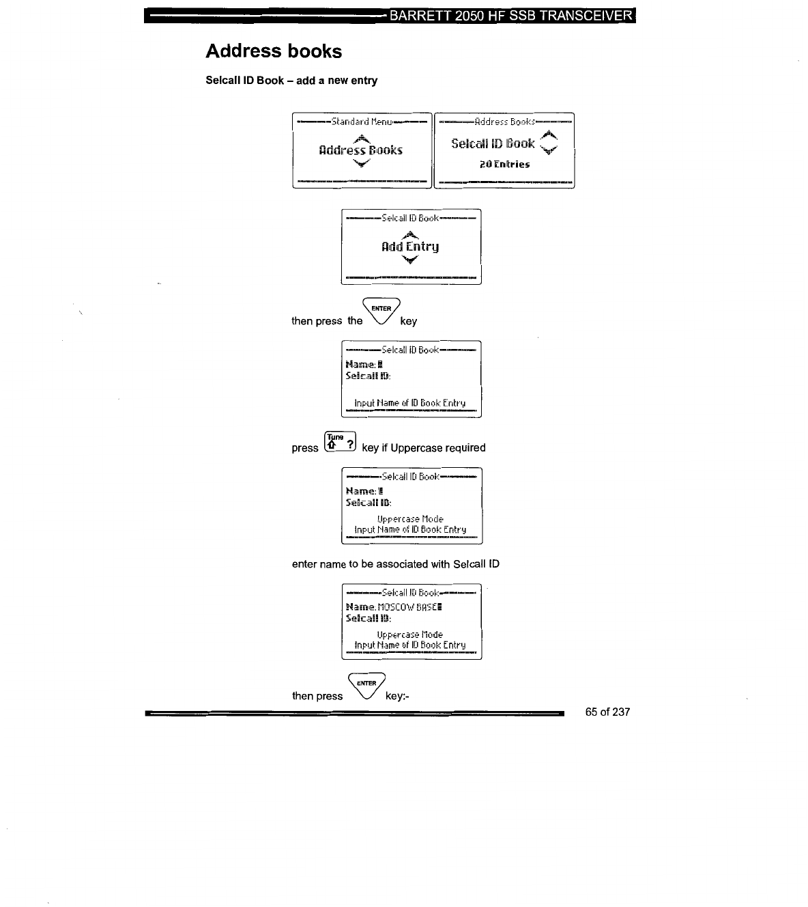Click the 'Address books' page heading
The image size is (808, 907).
[274, 51]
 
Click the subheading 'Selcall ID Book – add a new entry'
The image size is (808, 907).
[291, 81]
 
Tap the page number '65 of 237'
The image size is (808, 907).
[607, 712]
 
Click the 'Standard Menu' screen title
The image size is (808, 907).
[362, 122]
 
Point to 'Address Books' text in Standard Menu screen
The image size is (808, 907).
[361, 150]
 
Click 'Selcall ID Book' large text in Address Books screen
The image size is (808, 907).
[493, 143]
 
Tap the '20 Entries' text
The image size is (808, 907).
[504, 164]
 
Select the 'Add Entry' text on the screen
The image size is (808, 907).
[410, 247]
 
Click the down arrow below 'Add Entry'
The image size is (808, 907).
[410, 260]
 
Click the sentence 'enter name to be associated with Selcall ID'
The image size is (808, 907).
[396, 564]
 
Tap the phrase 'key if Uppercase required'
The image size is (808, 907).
[424, 448]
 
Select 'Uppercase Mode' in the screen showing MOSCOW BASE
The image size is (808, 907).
[410, 634]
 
